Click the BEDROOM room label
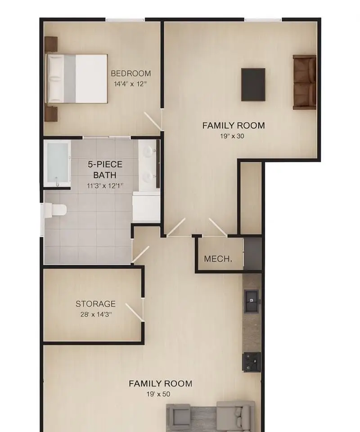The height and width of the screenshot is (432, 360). coord(131,73)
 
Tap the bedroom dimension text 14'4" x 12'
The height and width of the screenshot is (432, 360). coord(130,84)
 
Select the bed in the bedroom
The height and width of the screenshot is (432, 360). coord(76,79)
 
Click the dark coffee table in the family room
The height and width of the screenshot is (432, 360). coord(253,85)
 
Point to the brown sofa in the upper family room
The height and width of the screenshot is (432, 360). coord(304,82)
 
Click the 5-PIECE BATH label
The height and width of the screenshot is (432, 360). coord(105,170)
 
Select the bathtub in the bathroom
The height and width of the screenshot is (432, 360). coord(58,163)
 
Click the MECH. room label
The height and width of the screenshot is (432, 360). coord(218,259)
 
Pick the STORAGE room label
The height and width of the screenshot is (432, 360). coord(95,304)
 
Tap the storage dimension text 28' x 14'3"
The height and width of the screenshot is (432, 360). coord(96,315)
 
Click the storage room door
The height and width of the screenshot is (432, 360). coord(135,312)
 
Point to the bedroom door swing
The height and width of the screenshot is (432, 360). coord(153,121)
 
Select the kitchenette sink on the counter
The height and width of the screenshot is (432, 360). coord(251,301)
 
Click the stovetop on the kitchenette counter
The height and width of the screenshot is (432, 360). coord(251,362)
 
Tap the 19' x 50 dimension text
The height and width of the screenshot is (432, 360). coord(158,394)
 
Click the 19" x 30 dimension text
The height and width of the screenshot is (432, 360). coord(232,136)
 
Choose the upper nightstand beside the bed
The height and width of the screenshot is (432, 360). coord(51,44)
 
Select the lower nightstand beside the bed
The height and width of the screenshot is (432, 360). coord(51,114)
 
